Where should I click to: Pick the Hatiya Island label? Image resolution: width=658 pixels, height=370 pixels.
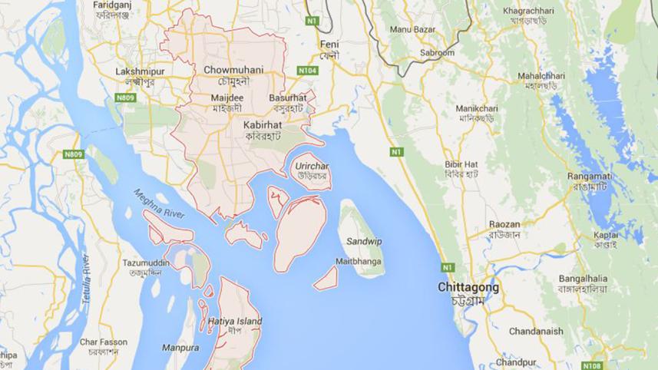(235, 321)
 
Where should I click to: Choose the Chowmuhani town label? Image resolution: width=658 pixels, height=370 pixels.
(234, 70)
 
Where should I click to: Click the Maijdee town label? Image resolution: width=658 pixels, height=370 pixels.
(226, 98)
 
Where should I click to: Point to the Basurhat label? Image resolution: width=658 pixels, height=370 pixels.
(288, 98)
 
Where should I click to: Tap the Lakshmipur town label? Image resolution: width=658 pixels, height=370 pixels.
(136, 71)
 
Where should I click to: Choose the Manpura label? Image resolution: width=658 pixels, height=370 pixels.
(180, 348)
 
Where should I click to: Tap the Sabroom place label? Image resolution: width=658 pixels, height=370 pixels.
(437, 52)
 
